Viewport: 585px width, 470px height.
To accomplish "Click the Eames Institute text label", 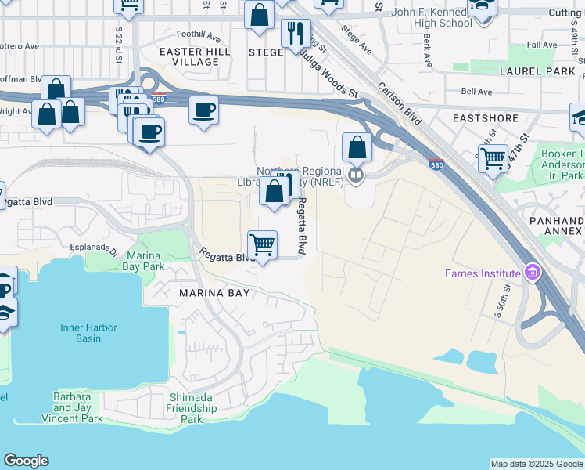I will pyautogui.click(x=483, y=274).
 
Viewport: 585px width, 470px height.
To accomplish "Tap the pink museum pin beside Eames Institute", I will pyautogui.click(x=533, y=273).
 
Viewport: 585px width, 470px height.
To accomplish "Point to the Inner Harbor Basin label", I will pyautogui.click(x=92, y=333).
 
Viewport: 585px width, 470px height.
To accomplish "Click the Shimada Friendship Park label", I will pyautogui.click(x=192, y=408).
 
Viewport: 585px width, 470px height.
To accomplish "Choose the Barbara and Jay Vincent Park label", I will pyautogui.click(x=77, y=407).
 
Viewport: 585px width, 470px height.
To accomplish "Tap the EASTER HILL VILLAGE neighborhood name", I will pyautogui.click(x=189, y=56).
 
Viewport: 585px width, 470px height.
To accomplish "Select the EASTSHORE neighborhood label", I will pyautogui.click(x=485, y=118).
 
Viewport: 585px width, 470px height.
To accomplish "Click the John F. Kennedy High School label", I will pyautogui.click(x=432, y=18).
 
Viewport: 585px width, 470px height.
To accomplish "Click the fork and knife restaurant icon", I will pyautogui.click(x=296, y=33).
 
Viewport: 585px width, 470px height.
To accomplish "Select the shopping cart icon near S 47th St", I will pyautogui.click(x=493, y=158).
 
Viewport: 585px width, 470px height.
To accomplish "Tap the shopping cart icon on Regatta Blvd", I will pyautogui.click(x=263, y=244).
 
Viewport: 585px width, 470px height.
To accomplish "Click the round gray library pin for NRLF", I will pyautogui.click(x=355, y=175).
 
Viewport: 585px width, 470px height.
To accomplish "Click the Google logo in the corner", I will pyautogui.click(x=26, y=461).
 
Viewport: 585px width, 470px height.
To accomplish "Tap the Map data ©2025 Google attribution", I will pyautogui.click(x=536, y=464).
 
